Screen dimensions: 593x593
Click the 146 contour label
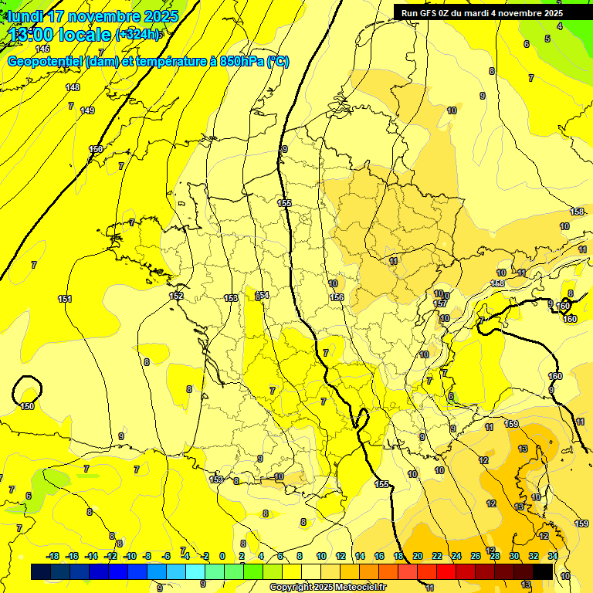tap(42, 49)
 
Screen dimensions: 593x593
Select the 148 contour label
tap(73, 87)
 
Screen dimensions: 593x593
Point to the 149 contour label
tap(87, 111)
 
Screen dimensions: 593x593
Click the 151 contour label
tap(65, 299)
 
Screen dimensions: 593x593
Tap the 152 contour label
tap(176, 296)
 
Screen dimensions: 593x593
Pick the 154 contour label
tap(263, 295)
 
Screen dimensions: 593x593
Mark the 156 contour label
tap(336, 297)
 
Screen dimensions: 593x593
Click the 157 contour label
tap(440, 304)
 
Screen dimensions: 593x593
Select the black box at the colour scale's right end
tap(543, 571)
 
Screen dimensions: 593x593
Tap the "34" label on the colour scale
tap(553, 556)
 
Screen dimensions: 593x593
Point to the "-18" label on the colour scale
tap(53, 556)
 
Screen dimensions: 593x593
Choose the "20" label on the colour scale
tap(418, 556)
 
